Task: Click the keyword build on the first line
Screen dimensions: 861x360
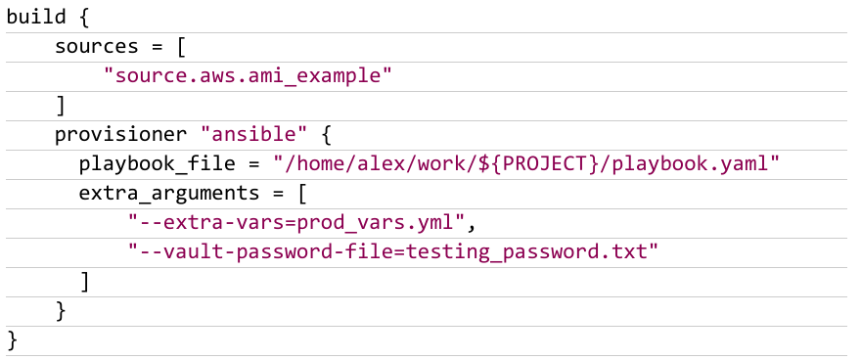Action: click(x=36, y=17)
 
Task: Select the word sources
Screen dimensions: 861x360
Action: click(x=97, y=46)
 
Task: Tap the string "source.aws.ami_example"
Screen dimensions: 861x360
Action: click(x=249, y=75)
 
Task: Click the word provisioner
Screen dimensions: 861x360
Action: click(x=120, y=135)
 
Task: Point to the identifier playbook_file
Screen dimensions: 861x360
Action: click(x=158, y=164)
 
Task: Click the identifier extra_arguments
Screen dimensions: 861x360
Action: click(x=169, y=194)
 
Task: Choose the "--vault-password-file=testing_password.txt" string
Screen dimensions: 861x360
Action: click(x=393, y=252)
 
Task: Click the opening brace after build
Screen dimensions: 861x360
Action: click(x=83, y=17)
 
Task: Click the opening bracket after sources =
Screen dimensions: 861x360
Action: click(x=181, y=47)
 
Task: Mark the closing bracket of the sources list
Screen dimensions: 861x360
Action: click(x=61, y=106)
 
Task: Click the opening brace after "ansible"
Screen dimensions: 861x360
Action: click(x=326, y=135)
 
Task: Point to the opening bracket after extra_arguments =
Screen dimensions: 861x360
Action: click(x=301, y=194)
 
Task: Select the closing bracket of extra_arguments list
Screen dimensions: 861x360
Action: click(x=84, y=282)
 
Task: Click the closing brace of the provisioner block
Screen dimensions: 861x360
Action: click(x=61, y=312)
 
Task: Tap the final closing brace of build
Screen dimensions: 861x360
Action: click(x=12, y=340)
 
